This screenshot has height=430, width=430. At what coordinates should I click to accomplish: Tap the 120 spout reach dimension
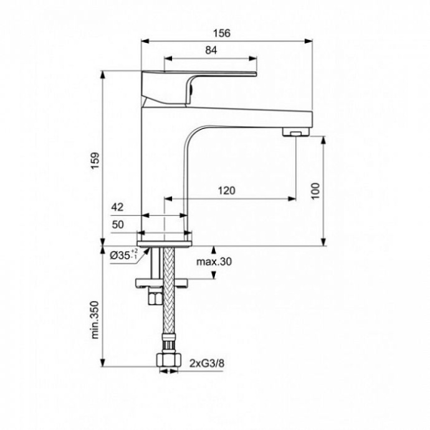point(226,191)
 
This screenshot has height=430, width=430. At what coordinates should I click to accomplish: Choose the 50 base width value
point(118,224)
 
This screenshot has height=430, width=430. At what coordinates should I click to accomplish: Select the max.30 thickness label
point(214,262)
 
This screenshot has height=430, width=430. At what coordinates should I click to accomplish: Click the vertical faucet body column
point(165,174)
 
